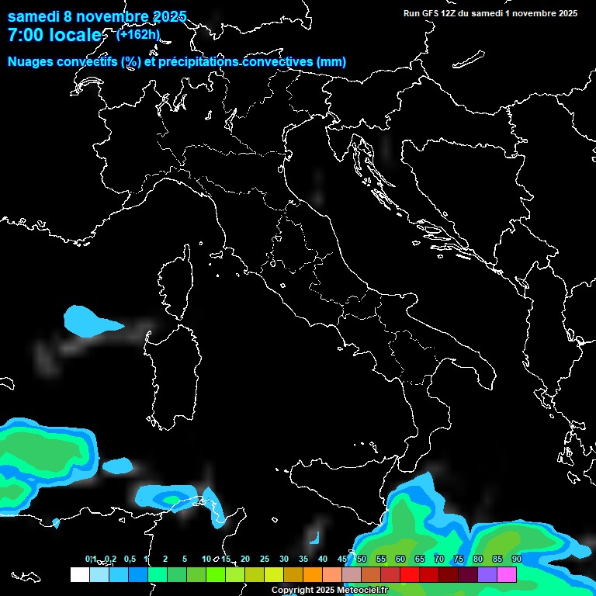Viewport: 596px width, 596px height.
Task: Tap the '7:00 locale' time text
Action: (54, 35)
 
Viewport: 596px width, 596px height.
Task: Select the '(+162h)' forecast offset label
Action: (138, 34)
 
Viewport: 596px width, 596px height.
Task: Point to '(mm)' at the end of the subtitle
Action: (331, 61)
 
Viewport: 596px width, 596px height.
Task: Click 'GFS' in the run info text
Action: (431, 12)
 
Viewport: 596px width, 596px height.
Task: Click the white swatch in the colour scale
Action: (79, 574)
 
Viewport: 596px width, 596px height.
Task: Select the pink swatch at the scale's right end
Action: (507, 574)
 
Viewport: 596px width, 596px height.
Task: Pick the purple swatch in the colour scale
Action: (487, 574)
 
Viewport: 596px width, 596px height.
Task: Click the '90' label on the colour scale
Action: (517, 560)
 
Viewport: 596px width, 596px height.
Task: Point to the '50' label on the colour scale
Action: (362, 560)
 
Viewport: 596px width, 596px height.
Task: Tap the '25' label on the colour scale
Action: (265, 560)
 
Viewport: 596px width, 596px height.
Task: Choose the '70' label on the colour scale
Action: (439, 560)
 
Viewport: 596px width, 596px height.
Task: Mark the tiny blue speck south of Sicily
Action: (316, 537)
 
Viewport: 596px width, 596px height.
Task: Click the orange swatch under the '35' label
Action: (312, 574)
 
